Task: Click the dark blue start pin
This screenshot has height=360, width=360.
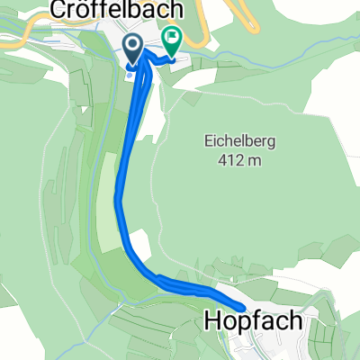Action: coord(132,49)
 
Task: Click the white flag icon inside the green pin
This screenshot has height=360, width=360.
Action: coord(171,37)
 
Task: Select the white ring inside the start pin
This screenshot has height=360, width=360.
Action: coord(132,45)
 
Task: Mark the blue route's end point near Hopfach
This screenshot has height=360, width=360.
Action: coord(242,308)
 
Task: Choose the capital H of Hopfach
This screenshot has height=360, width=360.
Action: coord(211,321)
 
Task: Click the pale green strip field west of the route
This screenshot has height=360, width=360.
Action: coord(107,202)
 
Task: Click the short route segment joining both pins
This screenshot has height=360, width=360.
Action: coord(155,59)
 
